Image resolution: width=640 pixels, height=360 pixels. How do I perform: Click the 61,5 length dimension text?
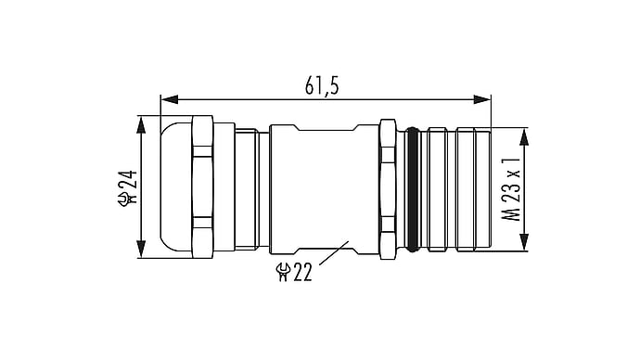(x=322, y=86)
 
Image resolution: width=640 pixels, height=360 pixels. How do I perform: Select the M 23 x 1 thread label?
(x=511, y=190)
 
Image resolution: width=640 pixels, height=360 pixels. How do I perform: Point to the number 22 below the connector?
(x=302, y=272)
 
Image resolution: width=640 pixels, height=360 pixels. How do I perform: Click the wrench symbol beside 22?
(x=284, y=272)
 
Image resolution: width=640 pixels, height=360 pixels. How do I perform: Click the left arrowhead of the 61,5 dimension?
(x=170, y=99)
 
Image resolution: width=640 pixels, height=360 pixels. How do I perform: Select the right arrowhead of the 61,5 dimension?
(x=481, y=99)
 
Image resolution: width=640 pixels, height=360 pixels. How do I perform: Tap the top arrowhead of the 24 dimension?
(x=141, y=125)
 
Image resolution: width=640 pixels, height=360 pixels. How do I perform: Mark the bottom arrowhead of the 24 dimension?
(x=141, y=249)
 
